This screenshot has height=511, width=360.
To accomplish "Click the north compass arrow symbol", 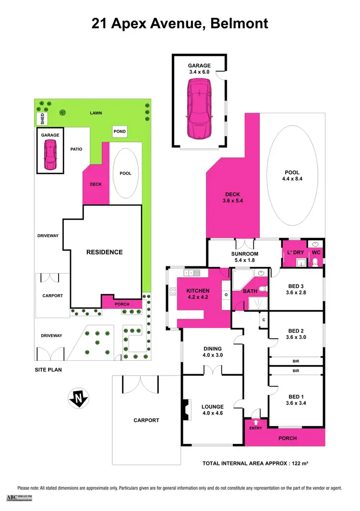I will (78, 398).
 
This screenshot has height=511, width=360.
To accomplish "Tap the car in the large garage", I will (199, 108).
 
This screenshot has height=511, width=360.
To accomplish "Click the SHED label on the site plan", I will (42, 118).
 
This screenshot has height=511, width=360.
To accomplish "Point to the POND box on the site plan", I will (120, 131).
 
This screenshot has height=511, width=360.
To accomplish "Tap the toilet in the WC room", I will (315, 261).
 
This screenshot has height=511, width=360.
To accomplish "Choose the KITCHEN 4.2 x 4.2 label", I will (198, 294).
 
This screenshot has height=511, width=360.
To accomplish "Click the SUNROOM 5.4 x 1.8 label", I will (245, 257).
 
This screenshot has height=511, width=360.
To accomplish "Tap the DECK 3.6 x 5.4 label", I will (232, 198).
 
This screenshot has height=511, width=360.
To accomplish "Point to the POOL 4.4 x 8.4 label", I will (292, 176).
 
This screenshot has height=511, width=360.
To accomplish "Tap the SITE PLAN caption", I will (48, 370).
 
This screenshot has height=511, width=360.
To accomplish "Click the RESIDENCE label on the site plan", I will (104, 252).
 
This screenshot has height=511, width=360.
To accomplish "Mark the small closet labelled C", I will (264, 320).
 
